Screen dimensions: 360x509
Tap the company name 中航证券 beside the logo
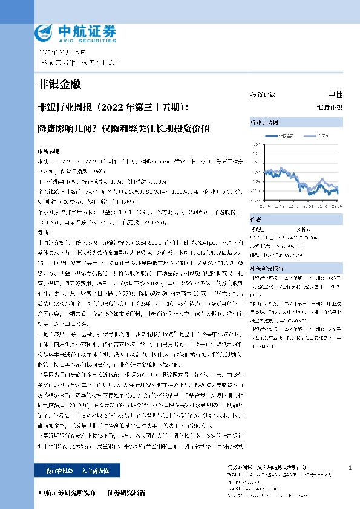click(x=84, y=30)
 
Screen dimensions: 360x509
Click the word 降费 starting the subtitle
click(x=46, y=128)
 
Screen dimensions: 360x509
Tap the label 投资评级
click(x=263, y=96)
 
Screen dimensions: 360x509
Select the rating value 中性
click(x=335, y=96)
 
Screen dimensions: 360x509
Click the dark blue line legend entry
click(x=285, y=137)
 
